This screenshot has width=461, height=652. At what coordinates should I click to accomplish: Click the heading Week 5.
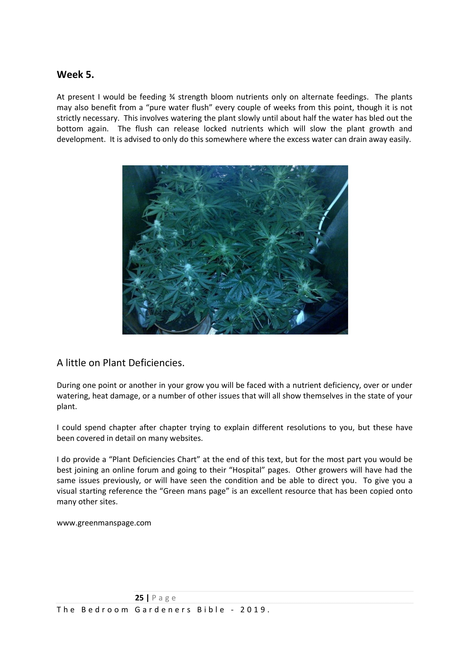75,75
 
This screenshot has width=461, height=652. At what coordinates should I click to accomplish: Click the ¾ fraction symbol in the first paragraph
172,97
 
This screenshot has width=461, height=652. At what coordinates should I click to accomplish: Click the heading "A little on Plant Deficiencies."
120,363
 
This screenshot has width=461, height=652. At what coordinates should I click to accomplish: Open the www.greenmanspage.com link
104,523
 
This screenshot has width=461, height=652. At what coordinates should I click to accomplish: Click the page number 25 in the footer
139,598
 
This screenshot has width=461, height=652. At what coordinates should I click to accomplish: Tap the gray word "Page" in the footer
164,598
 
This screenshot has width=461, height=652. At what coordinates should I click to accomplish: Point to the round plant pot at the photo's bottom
182,327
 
